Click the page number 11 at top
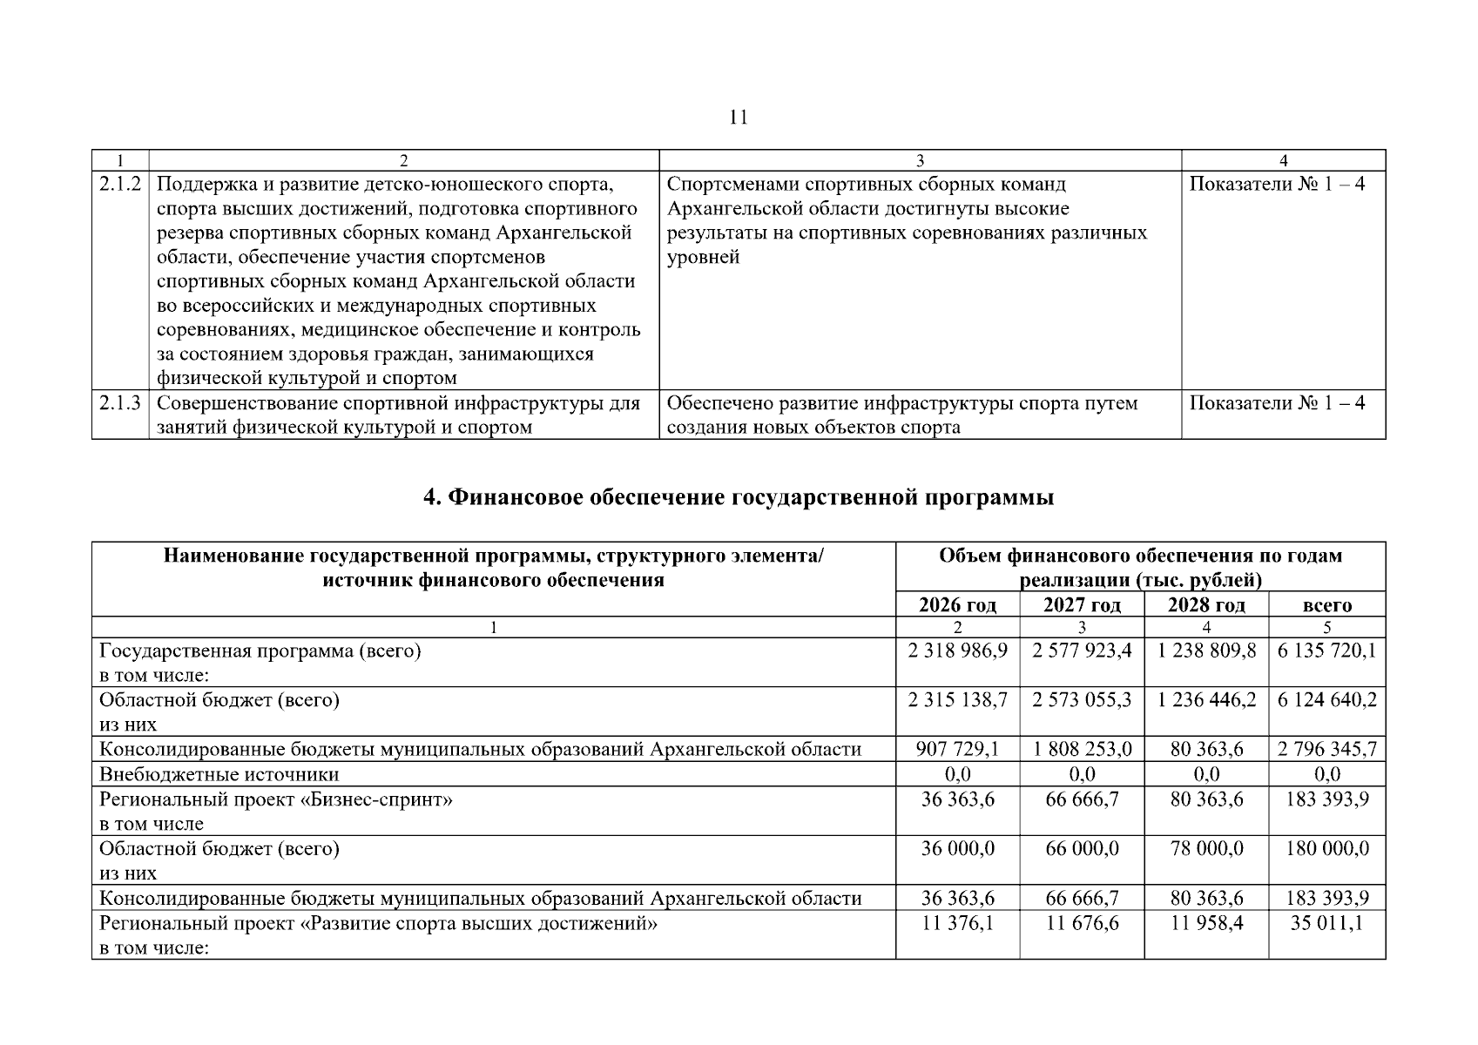739,118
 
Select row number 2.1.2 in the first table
120,185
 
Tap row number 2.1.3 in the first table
120,403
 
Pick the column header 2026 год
957,605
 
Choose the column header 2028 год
1206,605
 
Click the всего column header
1326,605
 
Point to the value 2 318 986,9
957,651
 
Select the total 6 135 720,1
1326,651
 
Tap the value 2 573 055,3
1082,700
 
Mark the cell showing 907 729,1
957,750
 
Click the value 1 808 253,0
1082,750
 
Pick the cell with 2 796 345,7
1326,750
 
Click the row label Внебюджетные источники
219,774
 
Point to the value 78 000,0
1206,849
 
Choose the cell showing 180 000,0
1326,849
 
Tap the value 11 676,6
1082,923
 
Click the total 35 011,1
1326,923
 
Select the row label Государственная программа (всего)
260,651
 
